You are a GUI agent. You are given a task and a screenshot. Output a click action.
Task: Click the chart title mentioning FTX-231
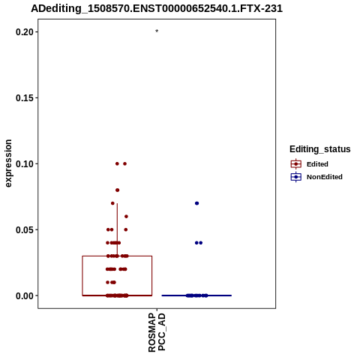[157, 8]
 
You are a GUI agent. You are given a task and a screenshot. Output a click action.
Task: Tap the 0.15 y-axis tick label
[24, 98]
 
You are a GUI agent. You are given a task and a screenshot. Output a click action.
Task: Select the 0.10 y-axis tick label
[24, 164]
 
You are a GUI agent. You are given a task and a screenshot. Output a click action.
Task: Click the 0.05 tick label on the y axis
[24, 229]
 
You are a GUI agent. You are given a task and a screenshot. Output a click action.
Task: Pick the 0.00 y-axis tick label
[24, 295]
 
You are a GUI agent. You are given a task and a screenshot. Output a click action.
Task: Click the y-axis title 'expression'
[8, 163]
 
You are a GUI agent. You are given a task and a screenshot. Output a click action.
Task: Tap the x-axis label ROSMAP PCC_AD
[157, 333]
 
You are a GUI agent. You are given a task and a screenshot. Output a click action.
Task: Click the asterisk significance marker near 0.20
[157, 31]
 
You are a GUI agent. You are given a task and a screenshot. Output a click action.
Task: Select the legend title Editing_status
[320, 149]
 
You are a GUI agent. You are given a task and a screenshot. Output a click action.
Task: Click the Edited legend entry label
[317, 164]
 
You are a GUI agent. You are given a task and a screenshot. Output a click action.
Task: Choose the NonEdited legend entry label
[325, 177]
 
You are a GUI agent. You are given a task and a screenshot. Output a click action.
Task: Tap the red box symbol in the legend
[296, 164]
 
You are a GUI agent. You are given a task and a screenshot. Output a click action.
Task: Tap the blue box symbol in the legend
[296, 177]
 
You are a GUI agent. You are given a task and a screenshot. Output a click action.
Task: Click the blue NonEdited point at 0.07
[196, 203]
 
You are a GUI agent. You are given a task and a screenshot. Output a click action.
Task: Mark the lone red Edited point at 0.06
[126, 217]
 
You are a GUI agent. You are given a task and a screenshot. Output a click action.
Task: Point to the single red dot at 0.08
[117, 190]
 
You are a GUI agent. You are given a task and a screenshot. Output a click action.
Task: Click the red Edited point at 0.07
[112, 203]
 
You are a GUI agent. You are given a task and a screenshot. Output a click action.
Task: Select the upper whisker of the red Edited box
[117, 229]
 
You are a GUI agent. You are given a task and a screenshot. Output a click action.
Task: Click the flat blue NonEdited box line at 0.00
[196, 295]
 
